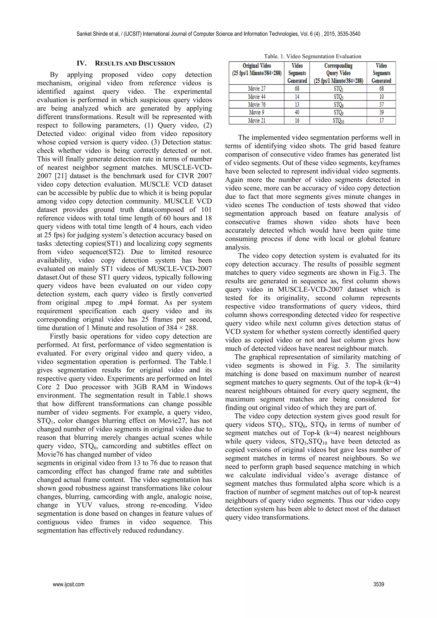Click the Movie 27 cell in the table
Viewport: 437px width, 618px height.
[257, 89]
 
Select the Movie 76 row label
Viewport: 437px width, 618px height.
[257, 105]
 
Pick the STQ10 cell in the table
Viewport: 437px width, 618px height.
[338, 121]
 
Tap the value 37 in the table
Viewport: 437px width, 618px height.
[381, 105]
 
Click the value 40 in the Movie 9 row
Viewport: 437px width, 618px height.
[297, 112]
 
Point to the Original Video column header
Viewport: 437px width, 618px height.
[257, 73]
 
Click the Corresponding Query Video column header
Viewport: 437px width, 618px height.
[338, 73]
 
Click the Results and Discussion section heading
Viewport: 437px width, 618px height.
[135, 64]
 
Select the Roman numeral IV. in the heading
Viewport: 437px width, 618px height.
[81, 64]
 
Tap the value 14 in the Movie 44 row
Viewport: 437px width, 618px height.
[297, 97]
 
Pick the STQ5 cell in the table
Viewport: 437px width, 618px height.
[338, 97]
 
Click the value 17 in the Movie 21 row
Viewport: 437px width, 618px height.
[381, 121]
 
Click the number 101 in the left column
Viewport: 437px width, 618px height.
[206, 209]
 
